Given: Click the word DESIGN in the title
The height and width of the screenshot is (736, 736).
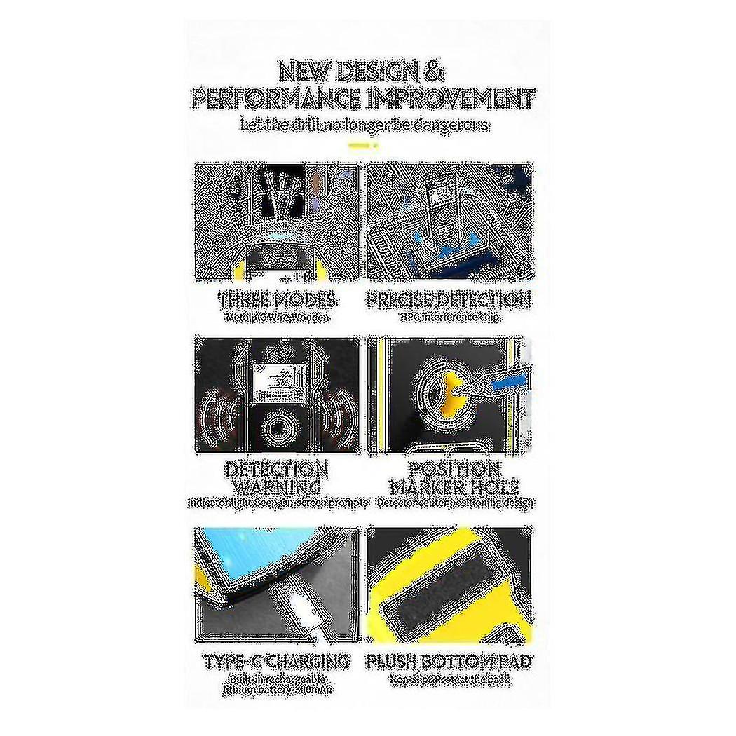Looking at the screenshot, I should [379, 72].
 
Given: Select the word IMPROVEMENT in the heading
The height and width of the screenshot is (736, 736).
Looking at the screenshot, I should [450, 99].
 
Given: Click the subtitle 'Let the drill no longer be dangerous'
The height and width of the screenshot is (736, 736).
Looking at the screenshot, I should [364, 125].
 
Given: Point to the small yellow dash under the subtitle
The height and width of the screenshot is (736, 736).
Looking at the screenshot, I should [363, 145].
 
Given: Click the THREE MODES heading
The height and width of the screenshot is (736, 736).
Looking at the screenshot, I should [278, 301].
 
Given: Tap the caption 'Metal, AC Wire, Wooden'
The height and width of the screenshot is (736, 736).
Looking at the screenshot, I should [278, 317].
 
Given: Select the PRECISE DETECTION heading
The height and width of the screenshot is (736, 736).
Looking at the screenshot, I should [449, 301].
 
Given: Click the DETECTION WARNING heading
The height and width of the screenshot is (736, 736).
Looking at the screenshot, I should [276, 478].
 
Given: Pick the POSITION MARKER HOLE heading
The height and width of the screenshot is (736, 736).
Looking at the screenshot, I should [454, 478].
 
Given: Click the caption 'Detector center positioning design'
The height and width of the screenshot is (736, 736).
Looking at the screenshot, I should [455, 503].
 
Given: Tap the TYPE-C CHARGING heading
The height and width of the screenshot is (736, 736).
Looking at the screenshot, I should [278, 661].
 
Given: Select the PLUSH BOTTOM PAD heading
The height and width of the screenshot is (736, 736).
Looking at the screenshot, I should [449, 661].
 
